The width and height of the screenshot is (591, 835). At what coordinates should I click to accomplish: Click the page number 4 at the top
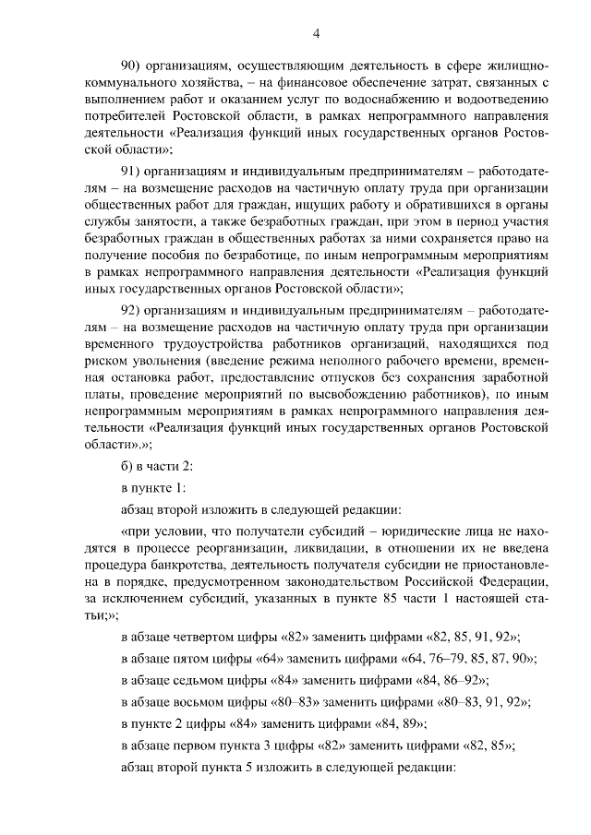click(316, 34)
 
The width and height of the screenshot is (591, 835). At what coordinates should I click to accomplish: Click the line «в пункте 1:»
click(154, 485)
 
